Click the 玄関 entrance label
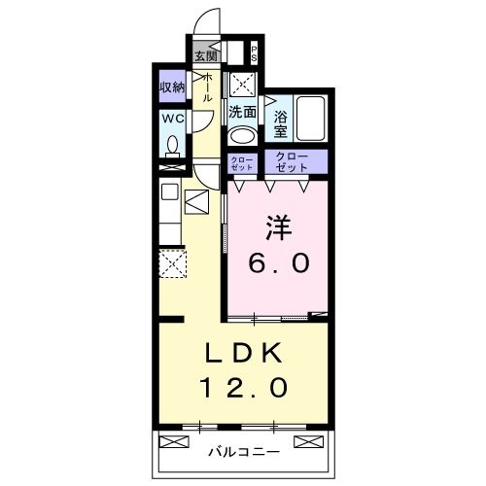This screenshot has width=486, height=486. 204,55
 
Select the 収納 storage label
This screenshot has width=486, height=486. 173,87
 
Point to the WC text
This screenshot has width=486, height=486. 173,119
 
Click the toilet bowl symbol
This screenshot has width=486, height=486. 174,146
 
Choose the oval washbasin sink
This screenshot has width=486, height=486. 243,135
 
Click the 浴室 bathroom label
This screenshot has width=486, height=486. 280,121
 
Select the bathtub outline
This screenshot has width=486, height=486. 311,119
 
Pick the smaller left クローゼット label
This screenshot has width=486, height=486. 241,162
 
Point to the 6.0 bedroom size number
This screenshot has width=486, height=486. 278,262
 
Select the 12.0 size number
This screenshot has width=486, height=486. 243,389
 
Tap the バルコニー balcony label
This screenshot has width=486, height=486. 244,452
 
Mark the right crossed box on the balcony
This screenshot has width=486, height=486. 309,442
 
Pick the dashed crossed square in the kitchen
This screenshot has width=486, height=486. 172,263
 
